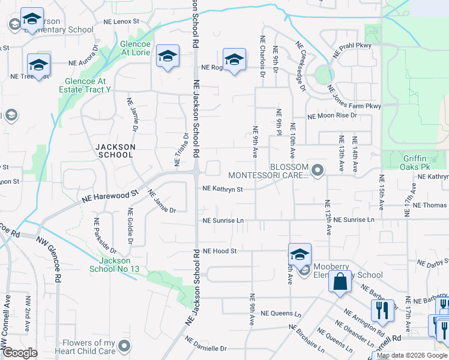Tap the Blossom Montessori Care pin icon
pyautogui.click(x=318, y=171)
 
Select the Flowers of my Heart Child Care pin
pyautogui.click(x=124, y=346)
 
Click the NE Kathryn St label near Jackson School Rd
pyautogui.click(x=223, y=189)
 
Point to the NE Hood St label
pyautogui.click(x=220, y=251)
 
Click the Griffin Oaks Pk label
pyautogui.click(x=424, y=157)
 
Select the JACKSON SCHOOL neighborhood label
pyautogui.click(x=114, y=151)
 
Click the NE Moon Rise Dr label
pyautogui.click(x=332, y=115)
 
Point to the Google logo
pyautogui.click(x=20, y=353)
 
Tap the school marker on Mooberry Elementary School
pyautogui.click(x=299, y=254)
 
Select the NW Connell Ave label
pyautogui.click(x=7, y=321)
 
